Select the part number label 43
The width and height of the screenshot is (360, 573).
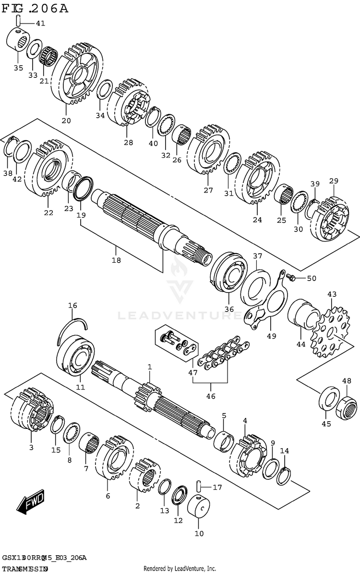pyautogui.click(x=332, y=294)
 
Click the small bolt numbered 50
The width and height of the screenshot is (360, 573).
pyautogui.click(x=290, y=278)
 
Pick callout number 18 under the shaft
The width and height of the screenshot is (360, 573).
pyautogui.click(x=116, y=260)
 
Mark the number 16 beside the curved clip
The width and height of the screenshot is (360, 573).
pyautogui.click(x=72, y=305)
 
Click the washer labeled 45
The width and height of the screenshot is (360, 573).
pyautogui.click(x=328, y=398)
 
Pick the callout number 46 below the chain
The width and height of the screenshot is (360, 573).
pyautogui.click(x=211, y=396)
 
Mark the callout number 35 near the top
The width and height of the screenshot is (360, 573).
pyautogui.click(x=18, y=68)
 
